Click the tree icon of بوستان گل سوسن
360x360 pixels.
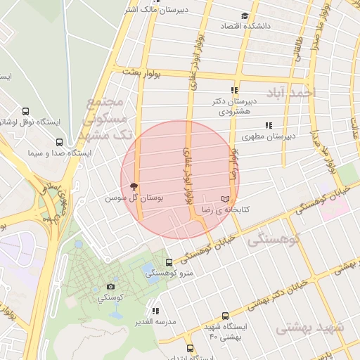click(x=134, y=186)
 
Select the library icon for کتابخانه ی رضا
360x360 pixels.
click(x=225, y=199)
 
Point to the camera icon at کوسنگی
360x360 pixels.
click(x=110, y=286)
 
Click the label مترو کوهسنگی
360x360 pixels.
click(x=165, y=274)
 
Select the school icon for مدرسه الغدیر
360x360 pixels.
click(x=155, y=310)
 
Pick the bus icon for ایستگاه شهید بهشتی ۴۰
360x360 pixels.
click(x=225, y=316)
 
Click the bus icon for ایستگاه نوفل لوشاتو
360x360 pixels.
click(x=26, y=111)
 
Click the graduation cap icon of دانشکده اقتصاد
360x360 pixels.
click(x=245, y=16)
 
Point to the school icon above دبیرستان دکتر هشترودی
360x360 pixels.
click(x=234, y=90)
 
